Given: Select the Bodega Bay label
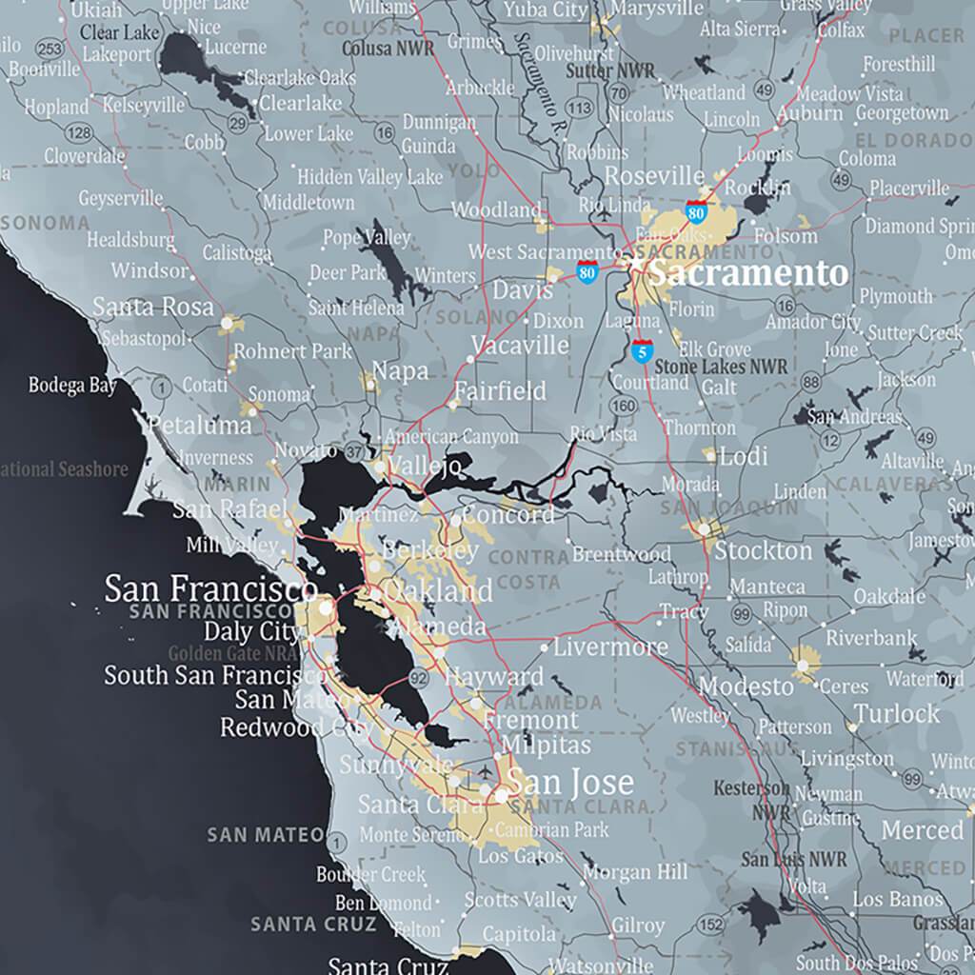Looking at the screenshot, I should pyautogui.click(x=72, y=386).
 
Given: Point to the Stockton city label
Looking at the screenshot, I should pyautogui.click(x=764, y=550).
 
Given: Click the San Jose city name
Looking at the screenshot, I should pyautogui.click(x=569, y=783).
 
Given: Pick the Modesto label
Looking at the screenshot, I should pyautogui.click(x=746, y=686).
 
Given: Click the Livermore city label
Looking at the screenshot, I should pyautogui.click(x=610, y=647).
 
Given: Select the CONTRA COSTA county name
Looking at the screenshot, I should pyautogui.click(x=528, y=568).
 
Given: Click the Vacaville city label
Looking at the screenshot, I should pyautogui.click(x=520, y=345).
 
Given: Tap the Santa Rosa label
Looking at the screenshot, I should pyautogui.click(x=153, y=307).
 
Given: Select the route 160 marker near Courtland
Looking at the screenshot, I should pyautogui.click(x=624, y=407).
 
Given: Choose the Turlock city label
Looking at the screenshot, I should pyautogui.click(x=896, y=713).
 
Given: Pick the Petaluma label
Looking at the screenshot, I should pyautogui.click(x=200, y=424).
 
